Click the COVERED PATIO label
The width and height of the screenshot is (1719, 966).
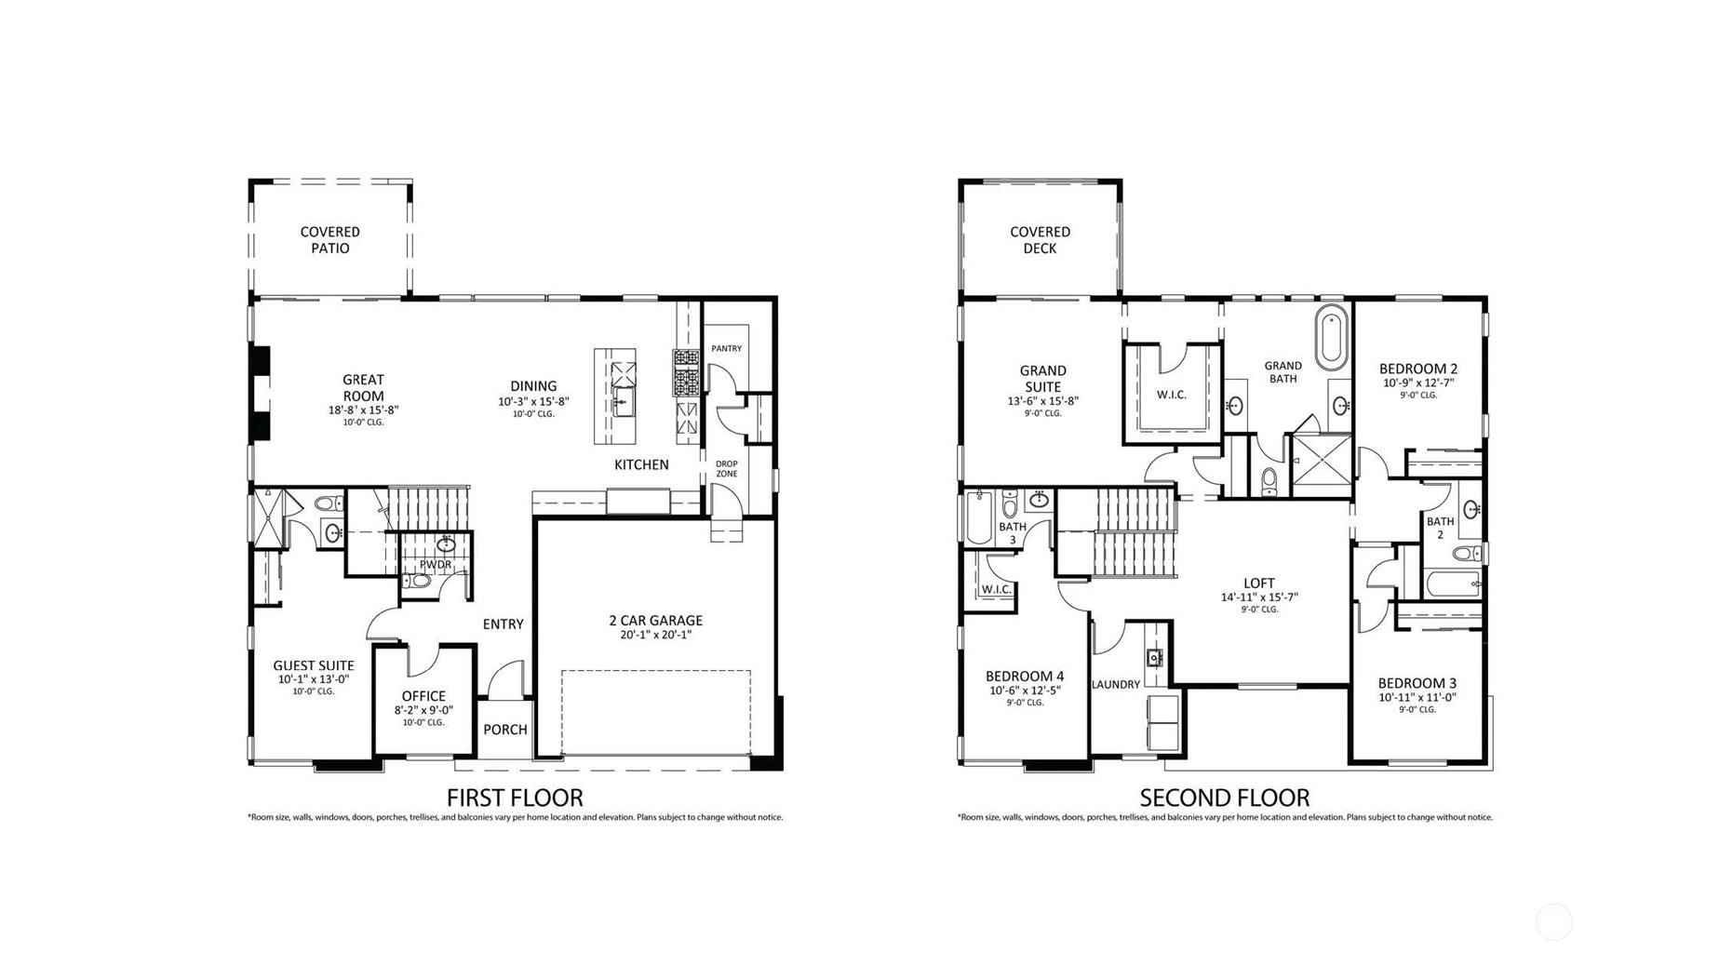pyautogui.click(x=329, y=240)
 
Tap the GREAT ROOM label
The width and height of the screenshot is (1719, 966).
pyautogui.click(x=363, y=387)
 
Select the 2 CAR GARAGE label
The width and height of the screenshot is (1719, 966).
pyautogui.click(x=655, y=620)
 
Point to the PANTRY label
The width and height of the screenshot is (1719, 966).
pyautogui.click(x=727, y=348)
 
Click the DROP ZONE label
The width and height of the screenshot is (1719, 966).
pyautogui.click(x=727, y=468)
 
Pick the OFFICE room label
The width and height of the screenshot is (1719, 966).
pyautogui.click(x=423, y=696)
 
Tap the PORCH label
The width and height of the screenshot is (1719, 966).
pyautogui.click(x=505, y=730)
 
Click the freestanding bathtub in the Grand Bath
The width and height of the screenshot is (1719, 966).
pyautogui.click(x=1332, y=337)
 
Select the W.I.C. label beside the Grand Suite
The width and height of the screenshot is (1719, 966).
pyautogui.click(x=1172, y=395)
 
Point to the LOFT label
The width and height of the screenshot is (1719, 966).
pyautogui.click(x=1259, y=584)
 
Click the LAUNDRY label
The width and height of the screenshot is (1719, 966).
pyautogui.click(x=1116, y=684)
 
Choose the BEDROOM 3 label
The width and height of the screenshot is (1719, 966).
pyautogui.click(x=1417, y=683)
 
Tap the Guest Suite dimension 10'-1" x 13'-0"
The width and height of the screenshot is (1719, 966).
pyautogui.click(x=314, y=679)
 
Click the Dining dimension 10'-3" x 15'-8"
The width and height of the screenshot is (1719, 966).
pyautogui.click(x=533, y=402)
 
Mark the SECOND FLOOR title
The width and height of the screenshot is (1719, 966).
pyautogui.click(x=1225, y=798)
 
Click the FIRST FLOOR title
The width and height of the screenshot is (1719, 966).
pyautogui.click(x=515, y=798)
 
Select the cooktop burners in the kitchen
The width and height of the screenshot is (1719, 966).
pyautogui.click(x=686, y=372)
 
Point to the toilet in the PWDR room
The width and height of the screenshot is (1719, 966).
pyautogui.click(x=419, y=581)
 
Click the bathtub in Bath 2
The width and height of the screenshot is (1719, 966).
pyautogui.click(x=1451, y=584)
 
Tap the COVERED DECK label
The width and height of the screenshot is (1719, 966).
pyautogui.click(x=1040, y=240)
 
